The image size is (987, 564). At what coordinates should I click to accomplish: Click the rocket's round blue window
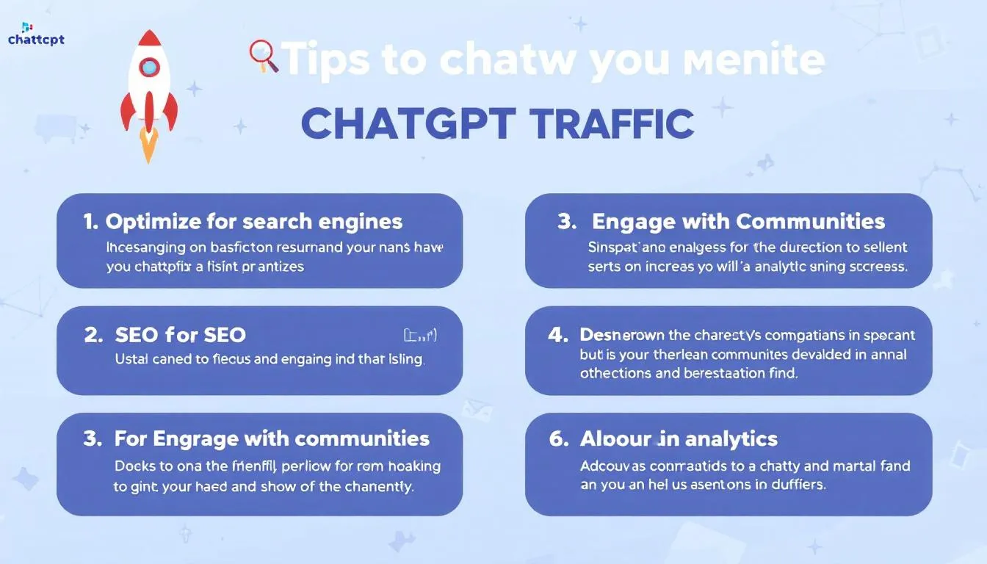(x=149, y=68)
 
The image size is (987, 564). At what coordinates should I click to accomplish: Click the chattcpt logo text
(x=36, y=39)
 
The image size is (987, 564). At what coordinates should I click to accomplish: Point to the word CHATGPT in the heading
(x=407, y=124)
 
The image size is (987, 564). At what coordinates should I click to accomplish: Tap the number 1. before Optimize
(x=90, y=221)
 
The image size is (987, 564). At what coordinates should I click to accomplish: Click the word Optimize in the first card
(x=153, y=221)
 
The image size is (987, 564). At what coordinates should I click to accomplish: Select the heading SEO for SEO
(x=180, y=335)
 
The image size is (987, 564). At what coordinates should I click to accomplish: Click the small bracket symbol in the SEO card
(x=421, y=336)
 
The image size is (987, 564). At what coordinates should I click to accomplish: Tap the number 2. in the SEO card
(x=93, y=335)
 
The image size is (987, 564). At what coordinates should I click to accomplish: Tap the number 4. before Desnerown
(x=559, y=335)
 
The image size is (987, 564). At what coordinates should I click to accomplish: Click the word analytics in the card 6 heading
(x=730, y=438)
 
